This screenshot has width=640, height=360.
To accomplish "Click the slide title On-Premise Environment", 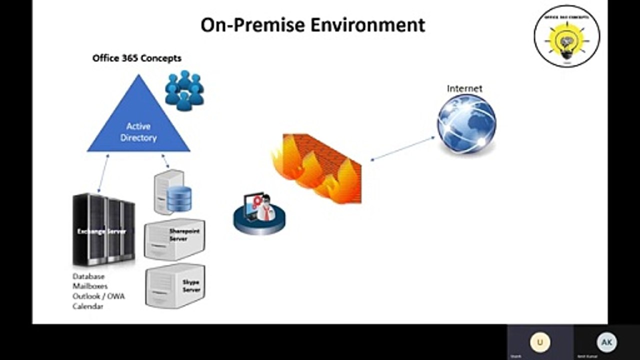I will [312, 24].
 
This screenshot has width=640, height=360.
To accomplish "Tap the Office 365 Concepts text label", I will [136, 58].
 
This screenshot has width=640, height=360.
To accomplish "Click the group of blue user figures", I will [184, 90].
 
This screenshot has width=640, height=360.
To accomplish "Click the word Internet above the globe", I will [464, 88].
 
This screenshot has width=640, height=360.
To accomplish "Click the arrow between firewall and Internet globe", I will [402, 148].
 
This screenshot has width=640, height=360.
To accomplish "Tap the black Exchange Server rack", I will [103, 230].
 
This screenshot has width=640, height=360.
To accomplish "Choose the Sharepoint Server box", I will [174, 239].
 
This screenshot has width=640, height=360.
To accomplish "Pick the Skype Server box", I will [175, 285].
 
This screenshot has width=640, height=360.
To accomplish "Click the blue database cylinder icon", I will [179, 198].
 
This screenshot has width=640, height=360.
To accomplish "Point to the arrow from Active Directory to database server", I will [165, 161].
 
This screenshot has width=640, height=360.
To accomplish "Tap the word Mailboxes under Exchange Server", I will [90, 286].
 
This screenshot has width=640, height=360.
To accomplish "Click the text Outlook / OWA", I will [98, 296].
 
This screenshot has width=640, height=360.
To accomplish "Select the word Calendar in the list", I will [88, 306].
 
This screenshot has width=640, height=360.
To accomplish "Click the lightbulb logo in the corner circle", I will [566, 38].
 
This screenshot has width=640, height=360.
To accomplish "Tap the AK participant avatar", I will [606, 342].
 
